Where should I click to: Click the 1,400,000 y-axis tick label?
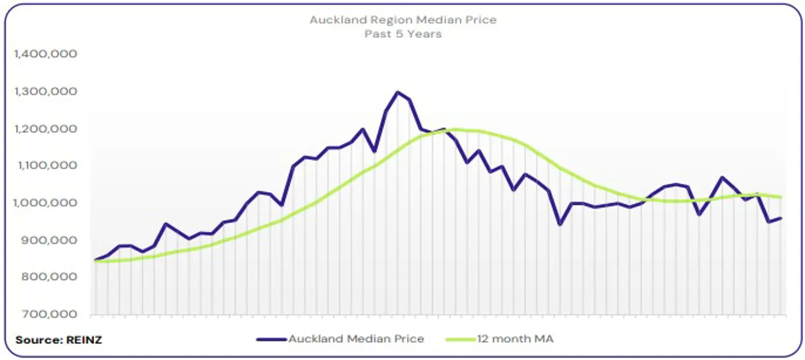[x=46, y=55]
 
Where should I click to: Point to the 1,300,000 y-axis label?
[x=46, y=92]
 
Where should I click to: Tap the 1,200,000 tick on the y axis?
[x=46, y=129]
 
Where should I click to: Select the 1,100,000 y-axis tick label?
[x=46, y=166]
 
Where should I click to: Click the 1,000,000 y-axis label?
[x=46, y=203]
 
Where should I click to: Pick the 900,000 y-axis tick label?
[x=49, y=240]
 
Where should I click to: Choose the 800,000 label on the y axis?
[x=49, y=277]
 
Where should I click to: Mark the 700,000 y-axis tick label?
[x=49, y=314]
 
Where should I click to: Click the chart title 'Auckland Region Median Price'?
[x=403, y=20]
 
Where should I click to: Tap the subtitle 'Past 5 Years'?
[x=403, y=34]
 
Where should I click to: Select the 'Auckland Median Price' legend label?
[x=356, y=339]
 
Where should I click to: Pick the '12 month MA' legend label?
[x=516, y=339]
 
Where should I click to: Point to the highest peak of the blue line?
[x=397, y=92]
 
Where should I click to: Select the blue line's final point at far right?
[x=780, y=218]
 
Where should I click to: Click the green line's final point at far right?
[x=780, y=197]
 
